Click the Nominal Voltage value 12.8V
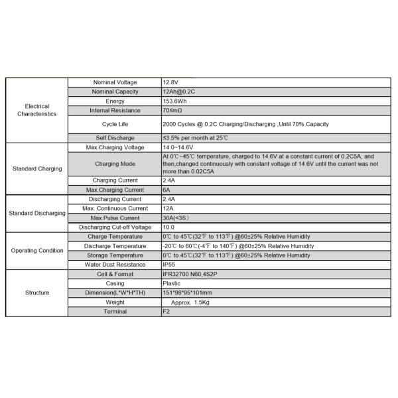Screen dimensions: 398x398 171,82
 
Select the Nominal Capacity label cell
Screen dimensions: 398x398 115,92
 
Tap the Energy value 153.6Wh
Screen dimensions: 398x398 176,101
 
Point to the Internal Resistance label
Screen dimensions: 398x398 115,110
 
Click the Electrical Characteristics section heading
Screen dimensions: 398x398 37,110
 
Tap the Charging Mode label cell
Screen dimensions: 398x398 115,163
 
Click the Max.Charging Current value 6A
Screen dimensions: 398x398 167,190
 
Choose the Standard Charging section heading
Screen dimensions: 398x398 37,168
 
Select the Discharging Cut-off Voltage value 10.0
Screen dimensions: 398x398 170,227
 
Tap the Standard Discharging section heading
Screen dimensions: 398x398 37,213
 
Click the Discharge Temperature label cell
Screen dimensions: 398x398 115,246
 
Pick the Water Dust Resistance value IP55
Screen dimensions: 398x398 170,265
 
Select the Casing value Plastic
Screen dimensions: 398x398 171,283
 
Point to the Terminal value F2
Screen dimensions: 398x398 166,311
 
